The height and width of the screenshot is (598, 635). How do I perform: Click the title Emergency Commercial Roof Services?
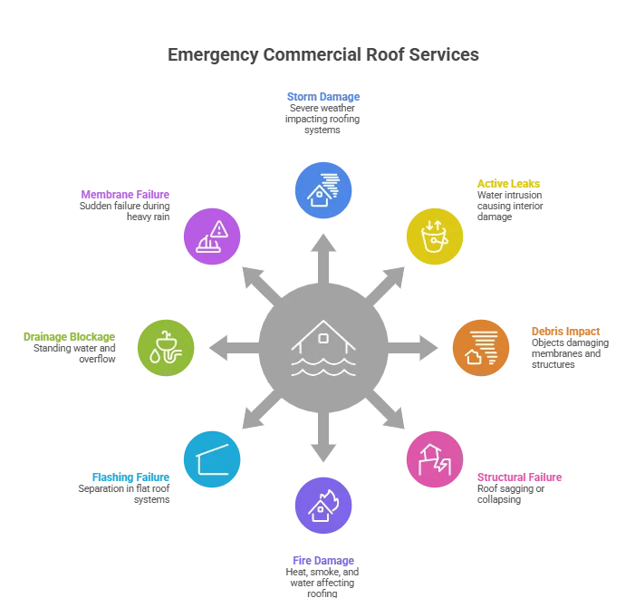click(323, 54)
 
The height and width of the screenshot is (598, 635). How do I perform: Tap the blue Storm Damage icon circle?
click(323, 190)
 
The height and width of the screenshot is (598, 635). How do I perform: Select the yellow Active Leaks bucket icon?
click(435, 236)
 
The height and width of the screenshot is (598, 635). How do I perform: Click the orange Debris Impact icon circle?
click(481, 348)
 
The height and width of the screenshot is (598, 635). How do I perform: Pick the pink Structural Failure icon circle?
click(435, 459)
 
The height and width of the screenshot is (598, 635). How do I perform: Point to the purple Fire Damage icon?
click(323, 506)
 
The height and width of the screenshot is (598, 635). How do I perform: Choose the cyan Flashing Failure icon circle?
click(212, 459)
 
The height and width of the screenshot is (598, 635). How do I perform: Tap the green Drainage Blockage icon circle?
click(166, 348)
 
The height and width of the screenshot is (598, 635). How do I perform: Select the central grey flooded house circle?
click(323, 348)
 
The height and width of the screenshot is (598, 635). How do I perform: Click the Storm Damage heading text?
click(323, 97)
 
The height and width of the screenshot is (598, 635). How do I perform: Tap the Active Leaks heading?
click(508, 184)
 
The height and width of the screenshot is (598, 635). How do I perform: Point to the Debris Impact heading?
click(565, 332)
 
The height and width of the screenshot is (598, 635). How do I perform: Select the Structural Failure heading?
click(519, 477)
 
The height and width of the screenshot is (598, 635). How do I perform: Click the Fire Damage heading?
click(323, 561)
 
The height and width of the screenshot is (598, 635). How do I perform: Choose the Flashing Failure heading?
click(130, 477)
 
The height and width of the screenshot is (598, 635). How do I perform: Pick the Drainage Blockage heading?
click(69, 337)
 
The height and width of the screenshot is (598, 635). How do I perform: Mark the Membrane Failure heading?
click(125, 195)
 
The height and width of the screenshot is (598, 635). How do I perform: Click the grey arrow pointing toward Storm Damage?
click(323, 259)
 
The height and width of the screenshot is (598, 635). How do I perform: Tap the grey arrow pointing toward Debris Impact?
click(412, 348)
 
